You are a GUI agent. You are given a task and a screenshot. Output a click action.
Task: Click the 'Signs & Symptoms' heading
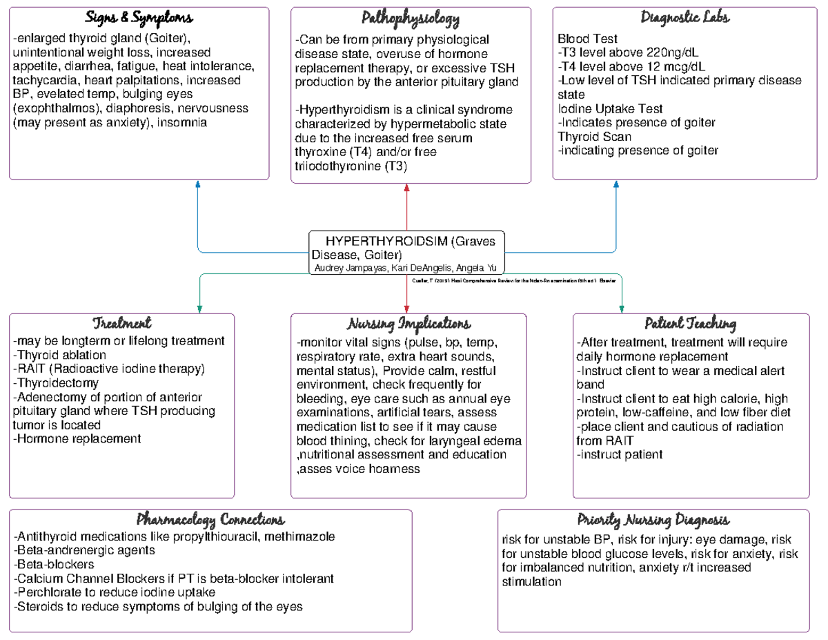click(139, 17)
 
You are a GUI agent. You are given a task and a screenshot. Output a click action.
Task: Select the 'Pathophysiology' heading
click(411, 17)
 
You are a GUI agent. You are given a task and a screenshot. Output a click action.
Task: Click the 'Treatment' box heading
click(121, 324)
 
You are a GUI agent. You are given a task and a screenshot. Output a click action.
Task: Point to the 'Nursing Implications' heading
click(409, 324)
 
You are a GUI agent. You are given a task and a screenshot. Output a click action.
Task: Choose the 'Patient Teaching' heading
click(690, 324)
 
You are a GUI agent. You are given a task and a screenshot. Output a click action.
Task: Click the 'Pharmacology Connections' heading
click(210, 519)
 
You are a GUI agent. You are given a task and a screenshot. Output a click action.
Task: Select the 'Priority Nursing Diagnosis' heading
click(653, 519)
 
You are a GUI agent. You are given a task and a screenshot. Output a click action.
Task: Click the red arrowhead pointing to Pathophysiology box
click(408, 187)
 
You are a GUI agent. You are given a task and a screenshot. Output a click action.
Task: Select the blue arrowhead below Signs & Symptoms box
click(198, 184)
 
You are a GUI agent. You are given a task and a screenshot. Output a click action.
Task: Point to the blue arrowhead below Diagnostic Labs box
click(616, 184)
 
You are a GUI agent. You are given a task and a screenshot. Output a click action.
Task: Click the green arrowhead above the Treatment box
click(199, 308)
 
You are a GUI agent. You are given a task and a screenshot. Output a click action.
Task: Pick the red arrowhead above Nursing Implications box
click(407, 308)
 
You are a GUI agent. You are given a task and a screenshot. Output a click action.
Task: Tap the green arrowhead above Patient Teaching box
click(622, 308)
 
